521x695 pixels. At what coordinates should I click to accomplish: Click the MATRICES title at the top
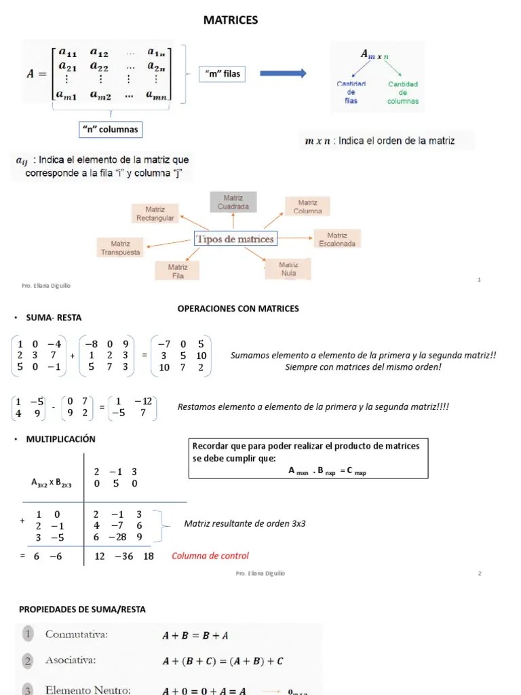point(231,20)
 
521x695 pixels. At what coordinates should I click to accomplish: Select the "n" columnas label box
point(109,129)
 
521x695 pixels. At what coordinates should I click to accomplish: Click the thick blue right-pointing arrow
point(283,73)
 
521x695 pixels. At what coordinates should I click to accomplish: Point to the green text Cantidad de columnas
point(403,93)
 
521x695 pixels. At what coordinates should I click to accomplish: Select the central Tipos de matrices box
point(235,239)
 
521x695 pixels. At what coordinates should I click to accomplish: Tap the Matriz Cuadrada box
point(233,202)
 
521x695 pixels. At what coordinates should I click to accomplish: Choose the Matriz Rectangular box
point(155,214)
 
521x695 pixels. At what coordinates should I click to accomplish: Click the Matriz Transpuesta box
point(121,248)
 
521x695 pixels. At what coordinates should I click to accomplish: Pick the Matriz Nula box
point(289,269)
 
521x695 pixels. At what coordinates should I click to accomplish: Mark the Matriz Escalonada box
point(337,239)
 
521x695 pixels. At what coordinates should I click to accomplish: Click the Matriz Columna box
point(307,206)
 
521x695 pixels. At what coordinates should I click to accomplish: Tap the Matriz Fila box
point(178,271)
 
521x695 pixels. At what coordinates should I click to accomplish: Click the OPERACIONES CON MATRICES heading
point(238,309)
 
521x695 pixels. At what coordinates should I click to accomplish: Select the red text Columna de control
point(210,556)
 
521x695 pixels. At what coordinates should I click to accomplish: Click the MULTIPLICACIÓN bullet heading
point(60,439)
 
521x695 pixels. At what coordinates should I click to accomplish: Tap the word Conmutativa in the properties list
point(77,635)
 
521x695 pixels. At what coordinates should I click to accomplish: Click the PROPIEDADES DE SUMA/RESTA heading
point(82,609)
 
